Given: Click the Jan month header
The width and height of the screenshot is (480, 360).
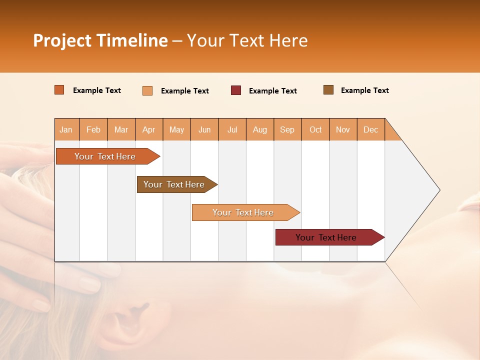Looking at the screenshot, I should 66,129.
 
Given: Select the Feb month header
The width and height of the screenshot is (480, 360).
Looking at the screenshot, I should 93,129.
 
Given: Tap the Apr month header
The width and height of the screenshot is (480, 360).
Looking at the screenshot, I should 148,129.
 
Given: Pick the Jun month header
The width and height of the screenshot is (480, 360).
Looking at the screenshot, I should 204,129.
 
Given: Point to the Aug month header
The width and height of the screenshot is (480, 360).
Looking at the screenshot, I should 259,129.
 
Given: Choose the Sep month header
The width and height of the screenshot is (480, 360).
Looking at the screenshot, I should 287,129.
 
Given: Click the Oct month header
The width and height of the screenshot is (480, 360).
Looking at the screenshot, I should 315,129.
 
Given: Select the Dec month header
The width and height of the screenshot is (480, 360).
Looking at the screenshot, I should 370,129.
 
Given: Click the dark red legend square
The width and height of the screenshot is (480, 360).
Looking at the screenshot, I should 236,90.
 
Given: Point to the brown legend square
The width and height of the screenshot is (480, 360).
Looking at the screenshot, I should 328,90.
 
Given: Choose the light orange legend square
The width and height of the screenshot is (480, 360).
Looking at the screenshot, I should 147,90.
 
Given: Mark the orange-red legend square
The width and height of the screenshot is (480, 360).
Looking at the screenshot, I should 59,90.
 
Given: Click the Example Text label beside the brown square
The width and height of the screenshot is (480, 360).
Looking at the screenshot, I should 364,90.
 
